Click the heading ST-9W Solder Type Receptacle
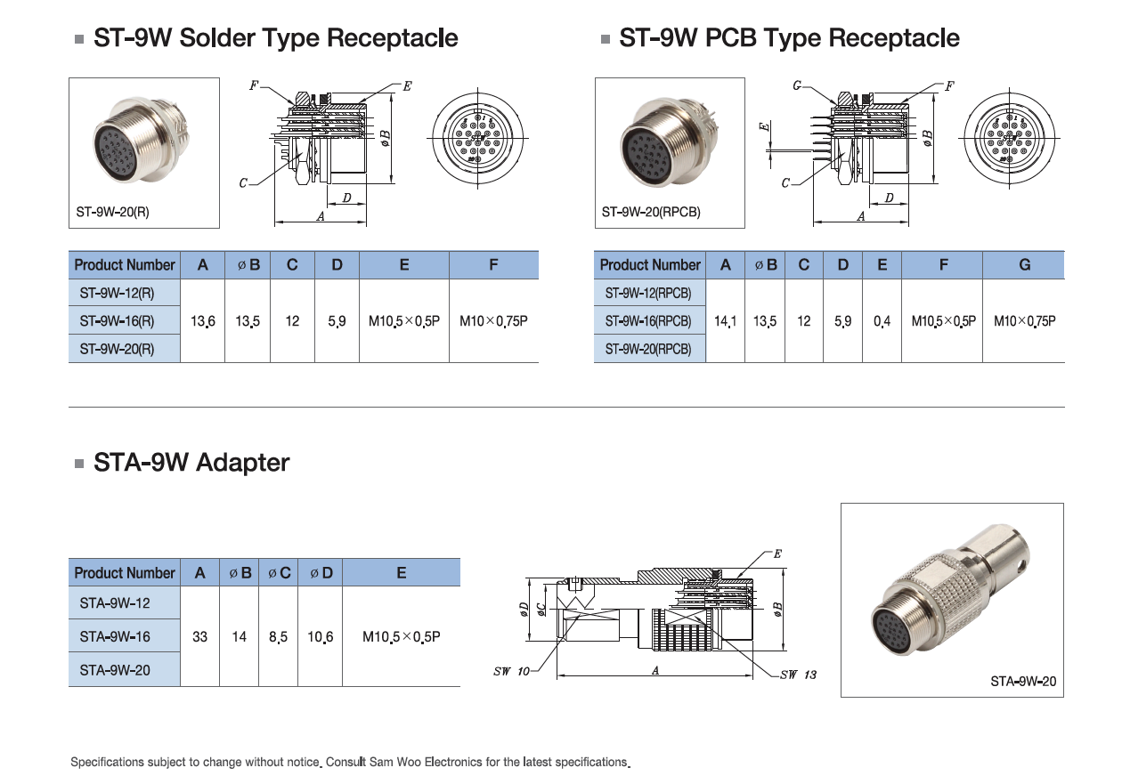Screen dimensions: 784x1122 pos(275,38)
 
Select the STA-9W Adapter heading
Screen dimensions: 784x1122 pos(191,463)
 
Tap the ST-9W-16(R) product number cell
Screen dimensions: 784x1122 pos(117,320)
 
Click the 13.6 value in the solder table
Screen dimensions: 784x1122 pos(203,320)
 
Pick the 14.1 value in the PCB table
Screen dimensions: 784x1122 pos(726,320)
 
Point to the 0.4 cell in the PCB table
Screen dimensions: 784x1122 pos(882,320)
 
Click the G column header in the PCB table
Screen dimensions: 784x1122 pos(1024,264)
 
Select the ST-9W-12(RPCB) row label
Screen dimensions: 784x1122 pos(648,293)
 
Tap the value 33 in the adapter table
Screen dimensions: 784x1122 pos(200,636)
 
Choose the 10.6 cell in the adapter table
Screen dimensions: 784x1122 pos(321,636)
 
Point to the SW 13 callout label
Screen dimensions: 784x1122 pos(798,675)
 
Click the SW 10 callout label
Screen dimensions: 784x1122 pos(511,671)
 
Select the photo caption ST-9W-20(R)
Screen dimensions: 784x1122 pos(113,213)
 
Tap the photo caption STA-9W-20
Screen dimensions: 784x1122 pos(1023,682)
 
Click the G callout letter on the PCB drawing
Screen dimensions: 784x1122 pos(797,86)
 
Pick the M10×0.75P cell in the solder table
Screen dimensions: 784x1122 pos(493,320)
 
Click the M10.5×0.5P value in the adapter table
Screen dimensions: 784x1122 pos(402,636)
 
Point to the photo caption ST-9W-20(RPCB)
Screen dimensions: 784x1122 pos(651,213)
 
